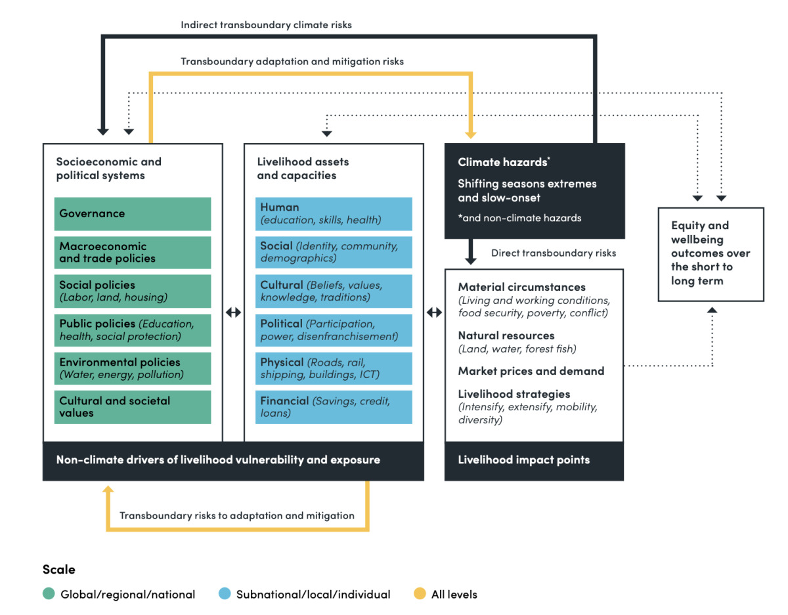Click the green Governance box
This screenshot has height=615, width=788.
[x=132, y=214]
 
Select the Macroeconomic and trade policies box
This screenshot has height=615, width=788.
[x=132, y=253]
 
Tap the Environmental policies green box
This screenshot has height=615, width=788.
[x=132, y=368]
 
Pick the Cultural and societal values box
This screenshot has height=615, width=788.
[x=132, y=407]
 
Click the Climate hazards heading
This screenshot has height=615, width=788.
[x=503, y=162]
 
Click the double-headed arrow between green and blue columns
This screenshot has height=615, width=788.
[x=233, y=312]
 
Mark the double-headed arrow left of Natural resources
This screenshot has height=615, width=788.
[x=434, y=312]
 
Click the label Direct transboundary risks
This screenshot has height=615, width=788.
[x=553, y=253]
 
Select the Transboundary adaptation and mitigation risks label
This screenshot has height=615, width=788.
[x=292, y=61]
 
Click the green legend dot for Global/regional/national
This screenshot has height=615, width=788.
[x=49, y=595]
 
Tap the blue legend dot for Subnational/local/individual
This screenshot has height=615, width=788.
[x=224, y=595]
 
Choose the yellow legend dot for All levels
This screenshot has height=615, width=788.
[x=419, y=595]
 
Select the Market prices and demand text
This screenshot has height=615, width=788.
[x=531, y=371]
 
